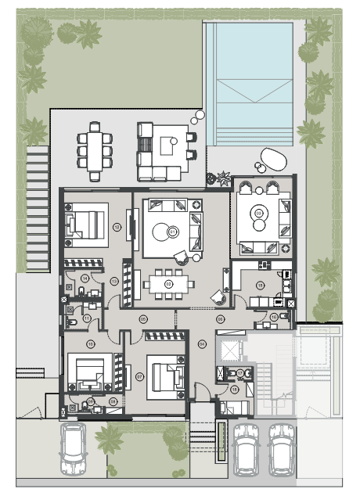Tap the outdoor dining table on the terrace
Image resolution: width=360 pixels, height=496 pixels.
pyautogui.click(x=95, y=147)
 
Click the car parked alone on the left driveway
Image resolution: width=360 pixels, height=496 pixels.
pyautogui.click(x=76, y=451)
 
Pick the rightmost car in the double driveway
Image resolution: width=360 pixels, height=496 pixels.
pyautogui.click(x=281, y=452)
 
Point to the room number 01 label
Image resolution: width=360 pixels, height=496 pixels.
pyautogui.click(x=173, y=232)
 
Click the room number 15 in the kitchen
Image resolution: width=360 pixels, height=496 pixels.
pyautogui.click(x=260, y=286)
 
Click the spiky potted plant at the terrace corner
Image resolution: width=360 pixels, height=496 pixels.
pyautogui.click(x=223, y=176)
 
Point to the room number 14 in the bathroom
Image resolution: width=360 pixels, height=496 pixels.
pyautogui.click(x=83, y=279)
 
